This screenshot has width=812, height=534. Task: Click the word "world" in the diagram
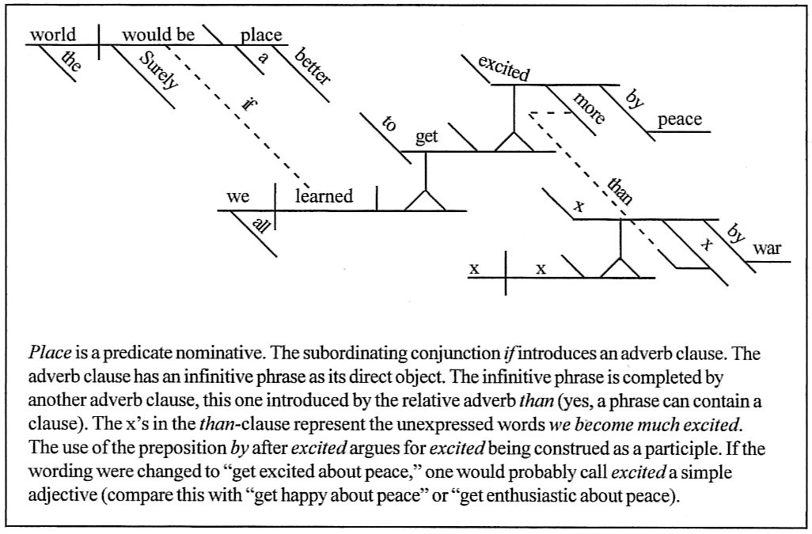52,35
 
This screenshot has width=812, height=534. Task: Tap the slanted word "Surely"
158,70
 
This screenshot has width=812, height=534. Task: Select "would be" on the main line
157,35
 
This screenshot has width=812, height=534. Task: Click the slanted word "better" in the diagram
313,66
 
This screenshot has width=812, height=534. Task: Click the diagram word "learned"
324,196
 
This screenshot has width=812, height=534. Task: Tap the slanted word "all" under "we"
260,225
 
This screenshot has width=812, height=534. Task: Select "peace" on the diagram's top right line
679,119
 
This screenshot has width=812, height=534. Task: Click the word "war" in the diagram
766,248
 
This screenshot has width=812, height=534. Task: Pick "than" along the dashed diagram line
619,190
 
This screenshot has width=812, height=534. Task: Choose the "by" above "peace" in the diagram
635,100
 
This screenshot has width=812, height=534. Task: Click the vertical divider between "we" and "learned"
275,198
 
